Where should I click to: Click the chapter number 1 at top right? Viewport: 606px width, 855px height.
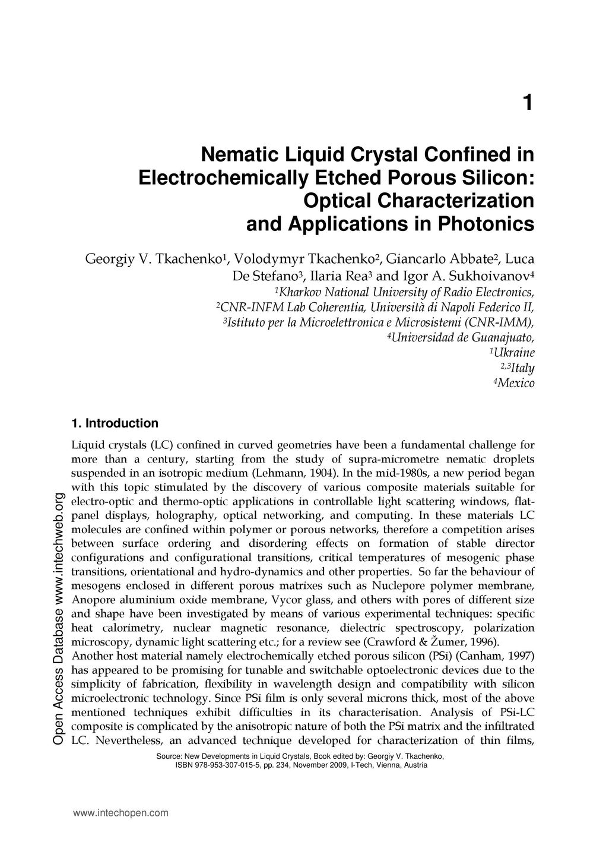point(528,103)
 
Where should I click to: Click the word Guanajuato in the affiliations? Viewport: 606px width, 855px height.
point(503,338)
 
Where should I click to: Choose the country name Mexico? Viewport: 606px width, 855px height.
point(516,384)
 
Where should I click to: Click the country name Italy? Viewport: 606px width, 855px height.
point(522,368)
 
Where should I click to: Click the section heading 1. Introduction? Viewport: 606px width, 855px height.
point(115,423)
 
